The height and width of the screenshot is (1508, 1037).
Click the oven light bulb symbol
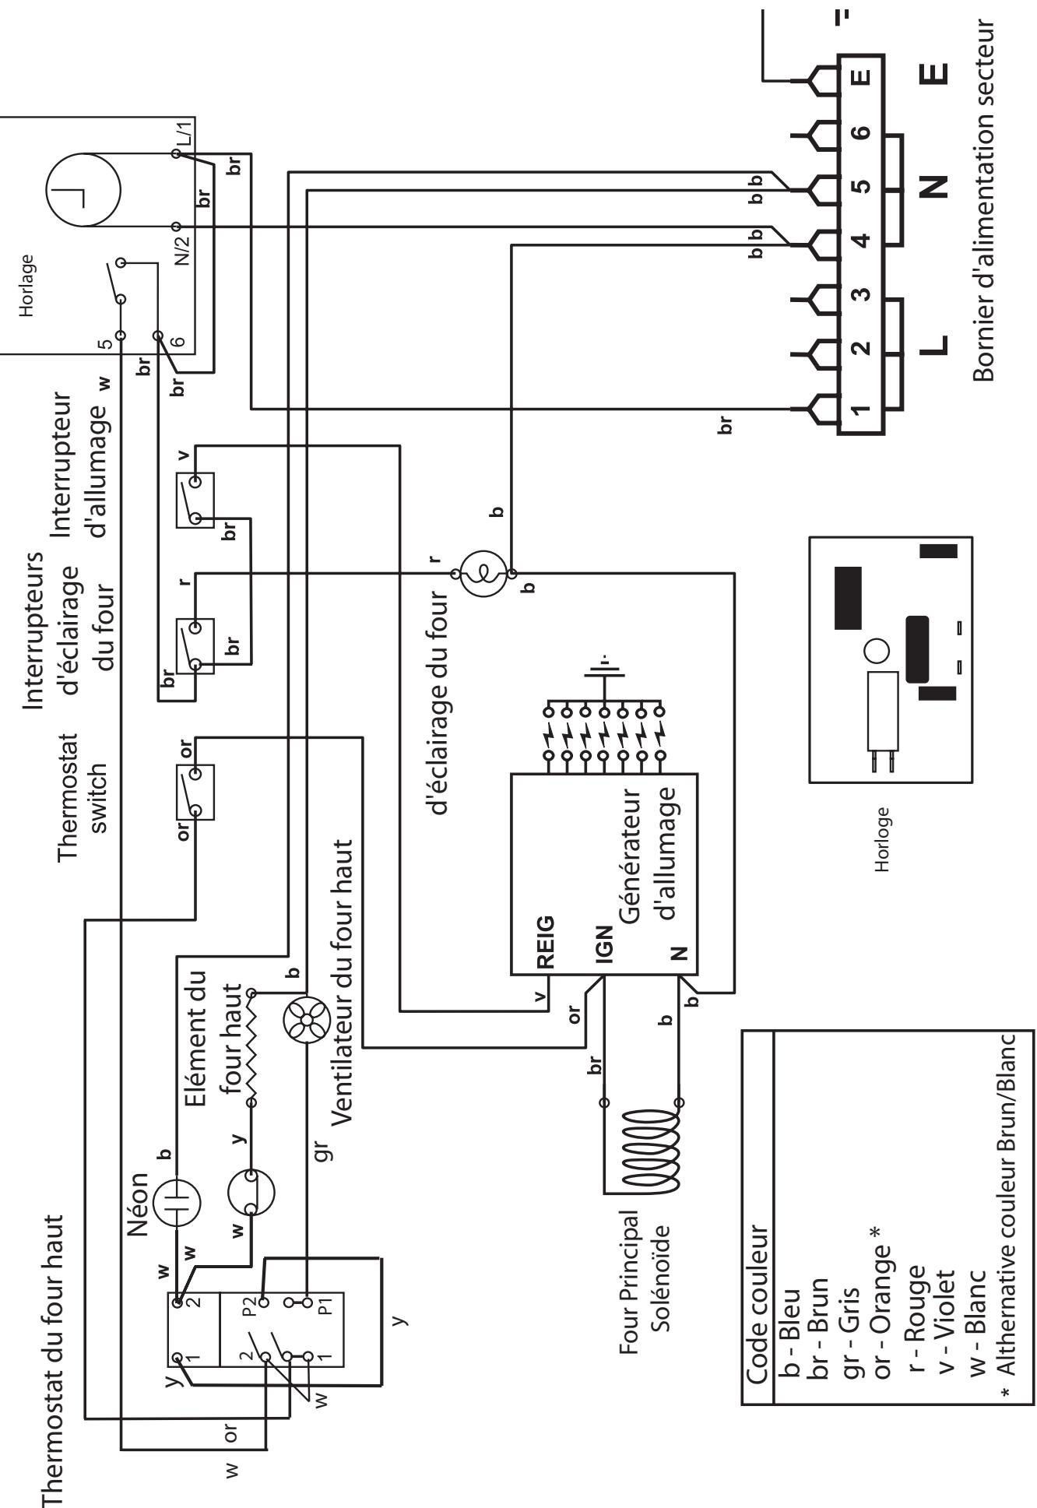(483, 574)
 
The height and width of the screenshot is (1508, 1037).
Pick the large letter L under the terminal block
(936, 344)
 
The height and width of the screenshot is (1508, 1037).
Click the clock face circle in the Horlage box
(83, 189)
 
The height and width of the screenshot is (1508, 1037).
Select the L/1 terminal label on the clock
(184, 139)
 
